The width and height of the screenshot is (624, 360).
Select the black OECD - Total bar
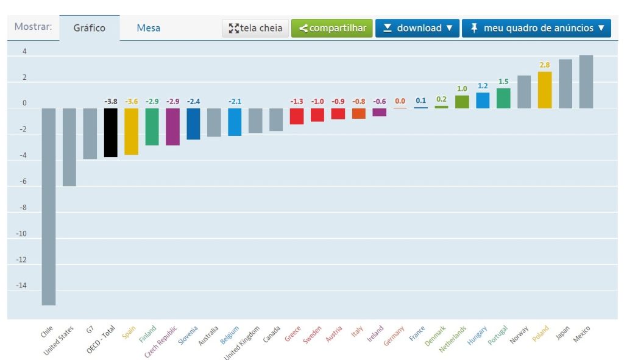click(110, 132)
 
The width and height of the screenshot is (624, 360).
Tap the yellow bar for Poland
click(545, 90)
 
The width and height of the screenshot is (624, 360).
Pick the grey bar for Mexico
click(586, 82)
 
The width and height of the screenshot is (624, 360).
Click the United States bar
click(69, 147)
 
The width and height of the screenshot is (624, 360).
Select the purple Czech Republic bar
click(172, 126)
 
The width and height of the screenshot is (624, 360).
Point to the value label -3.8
click(110, 101)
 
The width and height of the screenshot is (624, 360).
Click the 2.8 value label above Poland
click(545, 65)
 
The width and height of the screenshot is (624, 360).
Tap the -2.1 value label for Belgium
click(235, 101)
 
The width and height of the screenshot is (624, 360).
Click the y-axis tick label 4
click(24, 52)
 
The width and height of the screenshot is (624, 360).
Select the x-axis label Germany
click(395, 336)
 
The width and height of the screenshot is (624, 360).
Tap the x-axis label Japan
click(563, 333)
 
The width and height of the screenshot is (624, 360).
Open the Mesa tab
click(148, 28)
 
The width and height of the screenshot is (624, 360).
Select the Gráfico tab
click(89, 28)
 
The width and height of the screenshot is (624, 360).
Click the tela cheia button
click(255, 28)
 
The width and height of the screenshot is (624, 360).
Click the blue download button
click(417, 28)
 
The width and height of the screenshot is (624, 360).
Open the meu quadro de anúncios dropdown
click(536, 28)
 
